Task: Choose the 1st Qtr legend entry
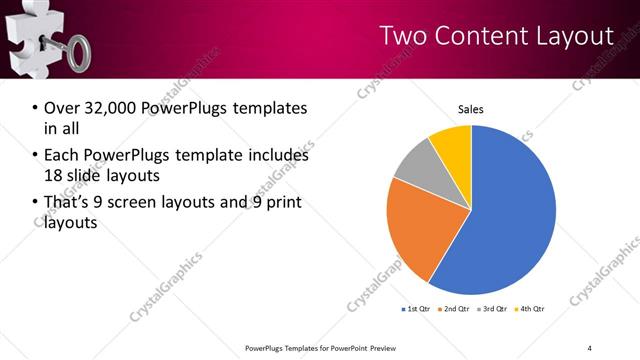(x=419, y=310)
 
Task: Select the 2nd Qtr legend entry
(x=457, y=310)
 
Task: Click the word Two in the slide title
(x=402, y=36)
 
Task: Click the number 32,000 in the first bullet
(x=114, y=108)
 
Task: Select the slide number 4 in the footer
(x=590, y=347)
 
